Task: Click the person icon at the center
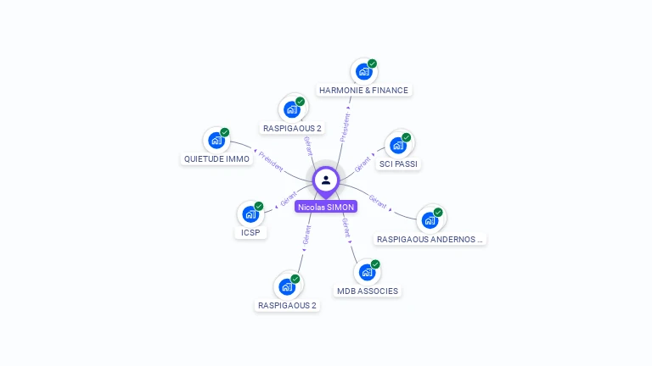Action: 326,180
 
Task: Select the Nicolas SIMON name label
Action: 326,206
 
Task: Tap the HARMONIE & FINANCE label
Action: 363,90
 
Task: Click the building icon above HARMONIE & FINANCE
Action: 364,72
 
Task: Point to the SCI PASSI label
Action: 398,164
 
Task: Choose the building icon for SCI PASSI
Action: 398,145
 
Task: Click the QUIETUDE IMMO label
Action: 216,158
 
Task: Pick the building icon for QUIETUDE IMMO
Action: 216,141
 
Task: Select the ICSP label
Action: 250,232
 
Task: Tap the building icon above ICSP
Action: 250,214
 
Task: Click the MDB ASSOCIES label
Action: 367,291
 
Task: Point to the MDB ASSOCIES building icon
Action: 367,273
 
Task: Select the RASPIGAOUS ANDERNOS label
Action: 430,239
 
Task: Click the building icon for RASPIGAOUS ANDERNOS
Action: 430,220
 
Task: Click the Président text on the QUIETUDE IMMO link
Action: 272,161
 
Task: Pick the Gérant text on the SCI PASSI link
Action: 364,164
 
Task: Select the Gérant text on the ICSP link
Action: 289,200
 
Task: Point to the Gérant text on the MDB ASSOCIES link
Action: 347,228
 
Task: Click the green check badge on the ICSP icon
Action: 259,206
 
